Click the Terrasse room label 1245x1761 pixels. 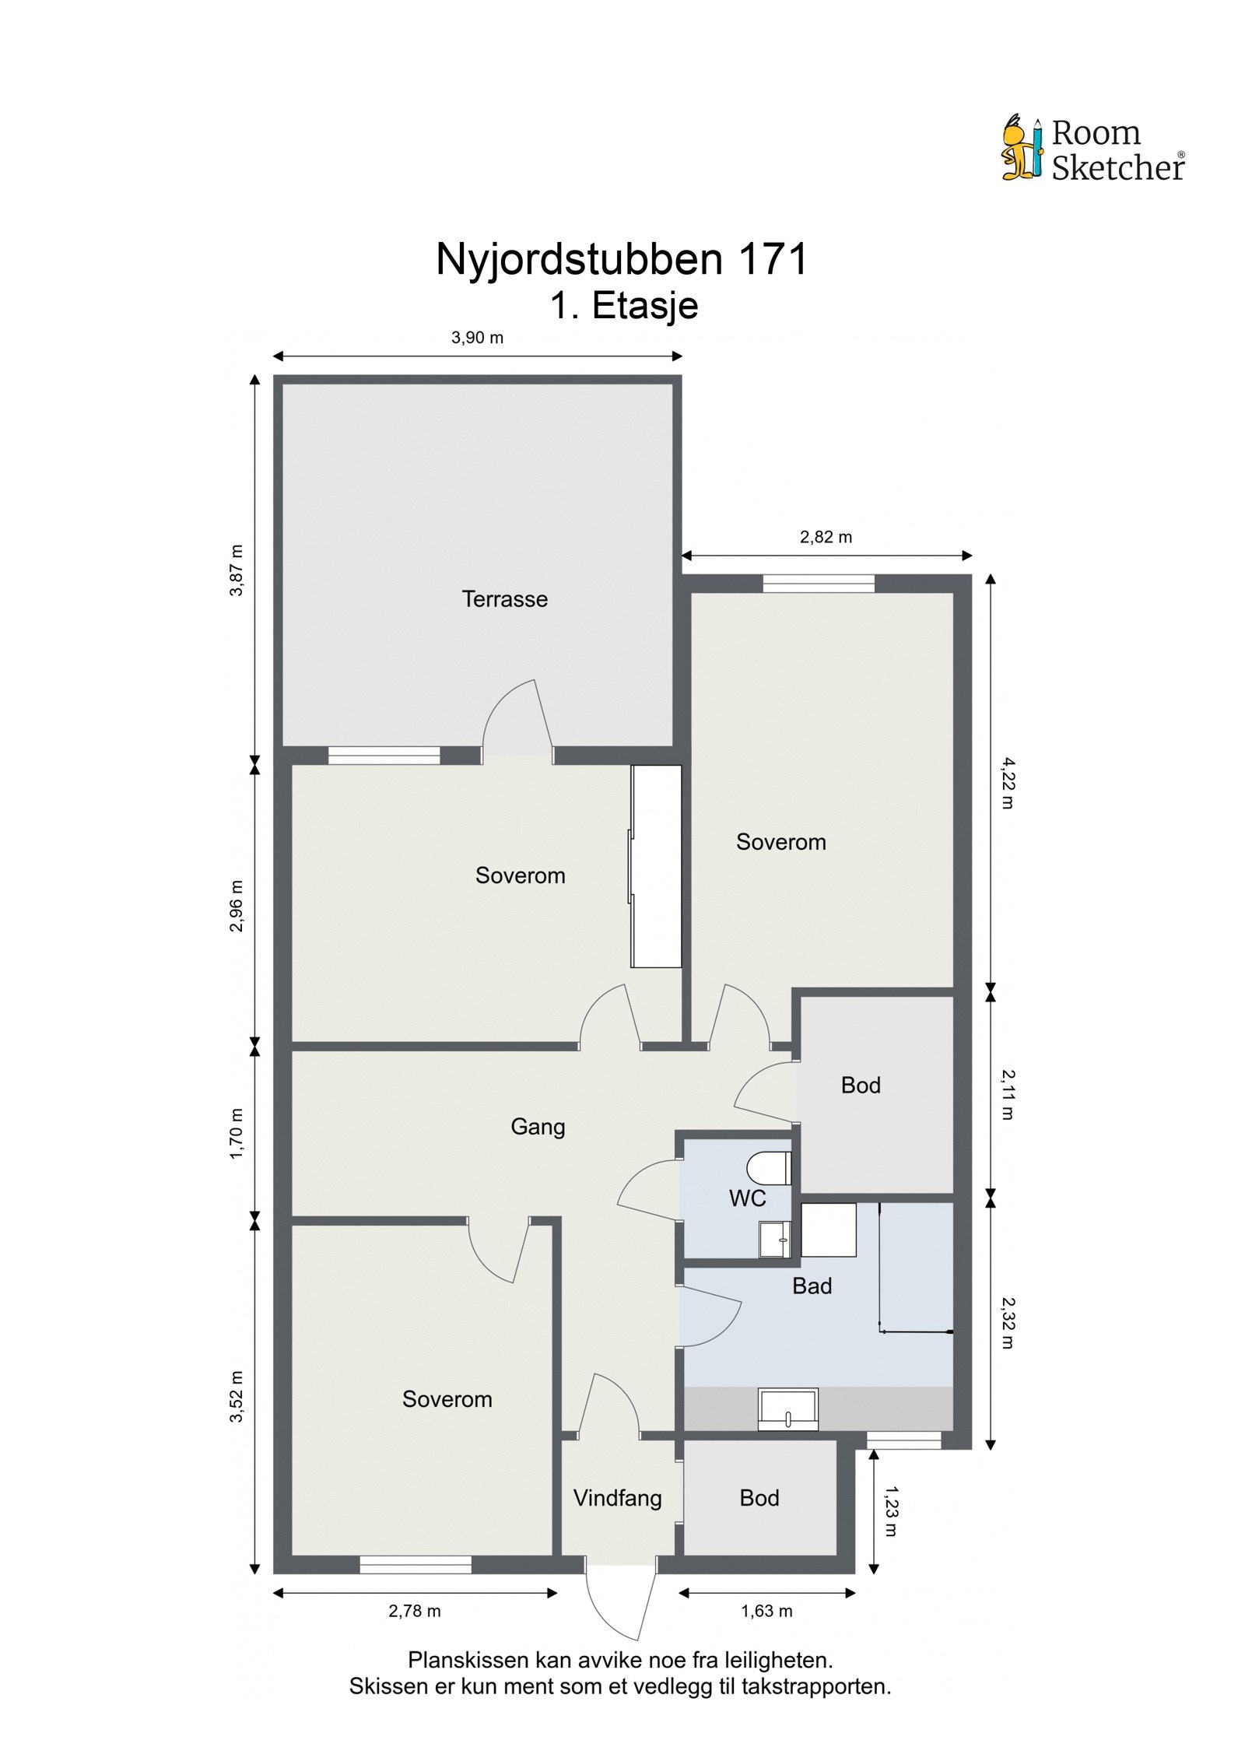pyautogui.click(x=504, y=598)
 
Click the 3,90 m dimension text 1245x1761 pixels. pyautogui.click(x=477, y=338)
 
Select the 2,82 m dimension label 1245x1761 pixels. pyautogui.click(x=826, y=537)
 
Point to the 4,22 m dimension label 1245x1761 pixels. pyautogui.click(x=1007, y=783)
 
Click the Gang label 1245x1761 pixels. pyautogui.click(x=537, y=1126)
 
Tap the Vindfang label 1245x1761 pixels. pyautogui.click(x=617, y=1497)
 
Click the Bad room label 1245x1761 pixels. pyautogui.click(x=812, y=1286)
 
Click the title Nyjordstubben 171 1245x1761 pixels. pyautogui.click(x=622, y=259)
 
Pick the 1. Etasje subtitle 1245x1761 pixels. pyautogui.click(x=623, y=306)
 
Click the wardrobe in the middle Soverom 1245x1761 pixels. pyautogui.click(x=657, y=866)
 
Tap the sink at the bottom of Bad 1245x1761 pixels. pyautogui.click(x=788, y=1408)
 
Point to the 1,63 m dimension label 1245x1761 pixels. pyautogui.click(x=766, y=1611)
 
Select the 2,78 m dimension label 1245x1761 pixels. pyautogui.click(x=415, y=1611)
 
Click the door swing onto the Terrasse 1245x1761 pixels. pyautogui.click(x=517, y=720)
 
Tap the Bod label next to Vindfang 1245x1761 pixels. pyautogui.click(x=759, y=1497)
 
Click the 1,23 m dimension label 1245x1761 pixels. pyautogui.click(x=892, y=1511)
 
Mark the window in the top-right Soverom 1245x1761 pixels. pyautogui.click(x=819, y=584)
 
